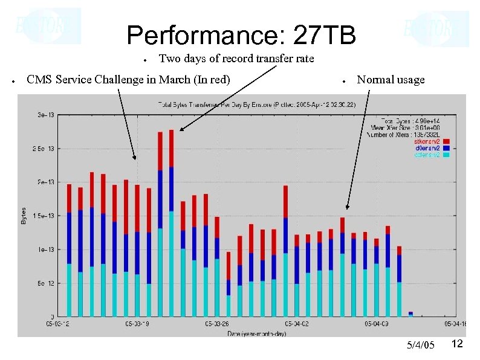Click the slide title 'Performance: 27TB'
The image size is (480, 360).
pos(241,35)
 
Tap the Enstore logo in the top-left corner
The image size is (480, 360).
pos(45,25)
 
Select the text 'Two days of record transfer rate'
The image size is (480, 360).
pos(236,59)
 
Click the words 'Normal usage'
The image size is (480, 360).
pos(391,80)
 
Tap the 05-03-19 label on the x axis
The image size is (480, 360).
pos(137,324)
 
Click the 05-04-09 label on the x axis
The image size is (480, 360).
pos(375,324)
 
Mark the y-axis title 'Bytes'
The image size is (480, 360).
pos(24,216)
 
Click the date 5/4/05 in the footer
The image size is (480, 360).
pos(420,345)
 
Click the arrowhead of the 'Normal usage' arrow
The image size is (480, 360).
pos(346,208)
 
